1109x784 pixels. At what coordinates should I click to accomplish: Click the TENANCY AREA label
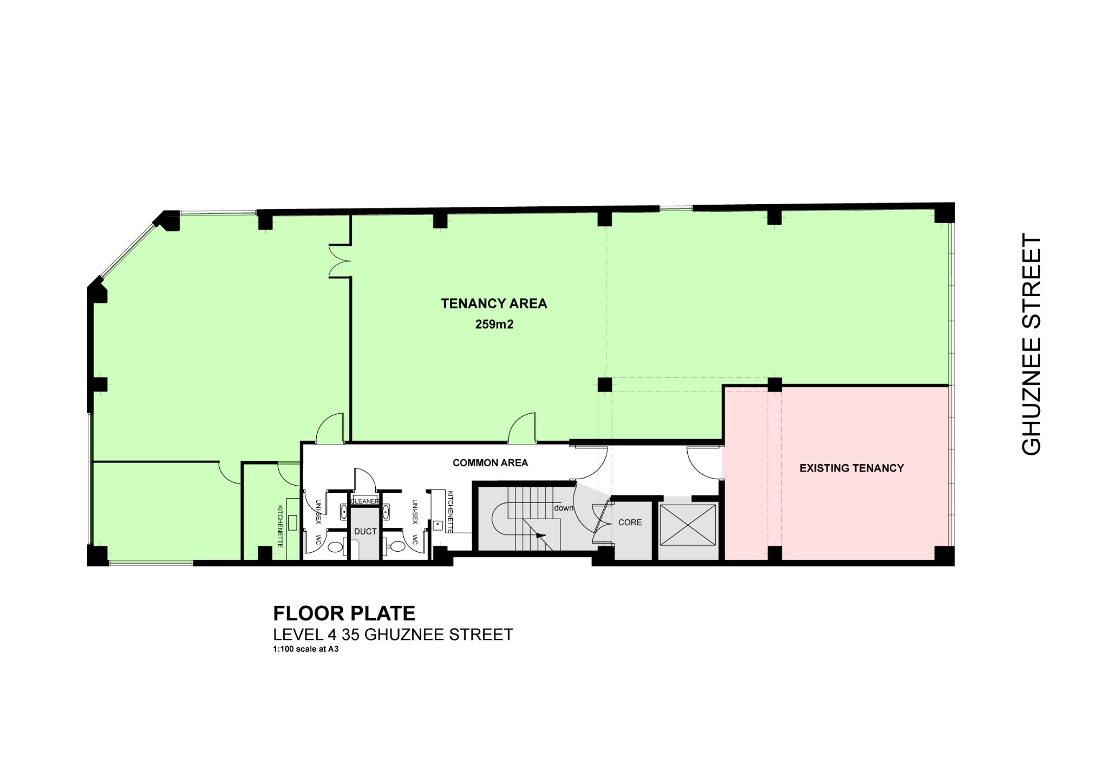click(494, 304)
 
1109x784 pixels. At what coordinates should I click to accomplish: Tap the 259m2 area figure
click(494, 324)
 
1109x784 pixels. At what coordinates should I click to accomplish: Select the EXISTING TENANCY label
click(852, 468)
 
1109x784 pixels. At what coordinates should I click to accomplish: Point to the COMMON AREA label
click(490, 463)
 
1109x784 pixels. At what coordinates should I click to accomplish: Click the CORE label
click(630, 522)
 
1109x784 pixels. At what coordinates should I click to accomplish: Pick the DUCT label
click(365, 532)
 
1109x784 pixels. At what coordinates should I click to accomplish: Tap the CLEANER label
click(365, 501)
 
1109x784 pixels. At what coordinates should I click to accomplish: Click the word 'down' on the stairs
click(563, 508)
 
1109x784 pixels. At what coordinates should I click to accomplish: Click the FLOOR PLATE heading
click(344, 613)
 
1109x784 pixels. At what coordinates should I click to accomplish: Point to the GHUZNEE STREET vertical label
click(1030, 344)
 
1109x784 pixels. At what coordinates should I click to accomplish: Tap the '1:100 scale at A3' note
click(306, 649)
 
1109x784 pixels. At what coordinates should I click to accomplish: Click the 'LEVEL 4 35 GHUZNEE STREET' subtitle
click(393, 635)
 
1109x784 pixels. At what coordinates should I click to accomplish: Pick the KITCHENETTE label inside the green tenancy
click(280, 526)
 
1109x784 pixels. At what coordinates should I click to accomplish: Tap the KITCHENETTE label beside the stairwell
click(449, 512)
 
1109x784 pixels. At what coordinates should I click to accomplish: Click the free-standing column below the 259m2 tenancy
click(604, 385)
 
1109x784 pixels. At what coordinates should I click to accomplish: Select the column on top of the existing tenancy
click(775, 385)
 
